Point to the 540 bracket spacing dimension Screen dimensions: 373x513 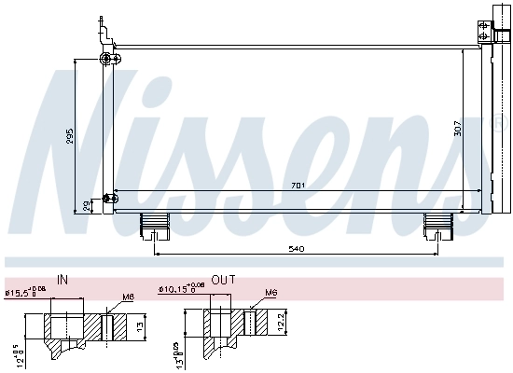297,249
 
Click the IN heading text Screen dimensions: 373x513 62,279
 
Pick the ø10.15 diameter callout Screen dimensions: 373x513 179,291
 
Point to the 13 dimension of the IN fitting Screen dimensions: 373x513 139,327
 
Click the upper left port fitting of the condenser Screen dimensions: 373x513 105,60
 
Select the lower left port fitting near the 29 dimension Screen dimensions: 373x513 112,197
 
